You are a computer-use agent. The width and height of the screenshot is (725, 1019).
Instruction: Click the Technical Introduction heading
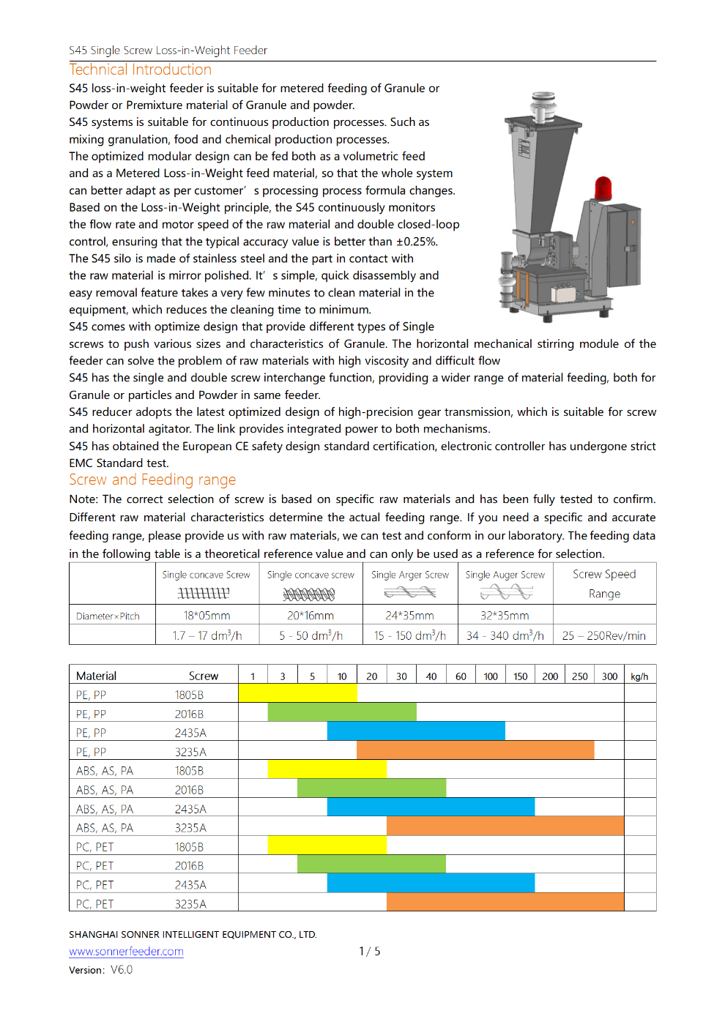[x=140, y=70]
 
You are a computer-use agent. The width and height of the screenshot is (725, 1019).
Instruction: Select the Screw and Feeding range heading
[x=152, y=479]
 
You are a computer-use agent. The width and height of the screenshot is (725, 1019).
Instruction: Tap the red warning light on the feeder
[x=603, y=188]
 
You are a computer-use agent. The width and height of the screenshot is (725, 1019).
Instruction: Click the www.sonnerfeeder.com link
[x=126, y=951]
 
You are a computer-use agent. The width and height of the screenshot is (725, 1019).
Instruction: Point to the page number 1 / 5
[x=369, y=951]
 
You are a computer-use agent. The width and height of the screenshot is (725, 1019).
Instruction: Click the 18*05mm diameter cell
[x=207, y=616]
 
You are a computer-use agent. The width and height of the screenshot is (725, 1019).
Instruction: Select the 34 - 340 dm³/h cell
[x=505, y=635]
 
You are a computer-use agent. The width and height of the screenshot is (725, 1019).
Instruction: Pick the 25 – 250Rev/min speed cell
[x=603, y=635]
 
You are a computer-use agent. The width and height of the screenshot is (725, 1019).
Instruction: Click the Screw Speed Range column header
[x=603, y=583]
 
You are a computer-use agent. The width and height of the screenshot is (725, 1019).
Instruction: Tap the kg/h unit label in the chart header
[x=639, y=676]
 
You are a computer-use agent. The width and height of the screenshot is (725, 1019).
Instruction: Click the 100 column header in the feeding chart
[x=491, y=676]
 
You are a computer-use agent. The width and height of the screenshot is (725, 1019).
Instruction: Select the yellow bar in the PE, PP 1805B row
[x=297, y=693]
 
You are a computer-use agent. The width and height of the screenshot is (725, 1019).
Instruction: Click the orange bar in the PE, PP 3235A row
[x=475, y=750]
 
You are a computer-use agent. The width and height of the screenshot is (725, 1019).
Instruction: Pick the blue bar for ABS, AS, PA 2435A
[x=431, y=807]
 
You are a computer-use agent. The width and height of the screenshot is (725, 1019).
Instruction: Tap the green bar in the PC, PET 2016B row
[x=371, y=864]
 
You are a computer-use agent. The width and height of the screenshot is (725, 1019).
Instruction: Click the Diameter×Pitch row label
[x=108, y=616]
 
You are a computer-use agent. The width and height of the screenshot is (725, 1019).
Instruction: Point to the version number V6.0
[x=122, y=969]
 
